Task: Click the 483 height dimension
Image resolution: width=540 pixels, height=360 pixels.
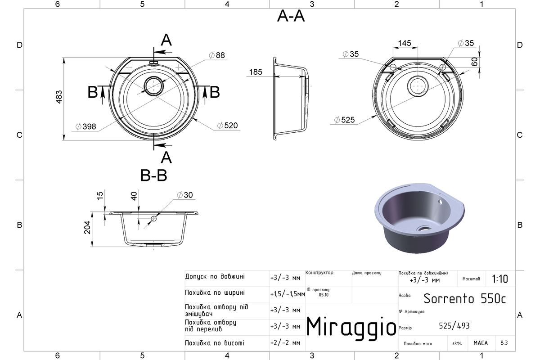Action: pos(59,97)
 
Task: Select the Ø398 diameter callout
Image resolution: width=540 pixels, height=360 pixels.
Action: pos(86,126)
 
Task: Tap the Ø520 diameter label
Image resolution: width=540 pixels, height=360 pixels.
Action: pos(227,126)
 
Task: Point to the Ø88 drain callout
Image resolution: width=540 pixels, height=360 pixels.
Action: pos(217,55)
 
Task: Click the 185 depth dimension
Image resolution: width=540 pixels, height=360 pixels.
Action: pos(256,72)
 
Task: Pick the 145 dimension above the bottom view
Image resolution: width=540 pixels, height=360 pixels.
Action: pos(405,43)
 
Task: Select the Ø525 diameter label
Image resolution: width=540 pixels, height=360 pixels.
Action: pos(345,120)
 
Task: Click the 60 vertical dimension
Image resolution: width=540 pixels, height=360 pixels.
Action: pos(474,62)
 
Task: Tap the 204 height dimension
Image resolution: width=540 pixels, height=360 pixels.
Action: pos(87,227)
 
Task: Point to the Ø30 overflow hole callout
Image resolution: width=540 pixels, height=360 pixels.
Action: pos(185,195)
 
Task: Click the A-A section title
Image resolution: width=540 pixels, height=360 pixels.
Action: pos(291,16)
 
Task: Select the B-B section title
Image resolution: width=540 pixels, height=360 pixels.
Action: pos(153,175)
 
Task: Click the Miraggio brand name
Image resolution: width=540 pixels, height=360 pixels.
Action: pos(351,328)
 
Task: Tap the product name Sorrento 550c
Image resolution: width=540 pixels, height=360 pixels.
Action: pos(464,299)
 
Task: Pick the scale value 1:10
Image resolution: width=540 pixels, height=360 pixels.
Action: pos(500,279)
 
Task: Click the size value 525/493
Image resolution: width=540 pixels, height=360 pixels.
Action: pos(454,326)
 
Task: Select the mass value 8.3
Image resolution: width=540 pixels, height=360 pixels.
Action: pos(504,343)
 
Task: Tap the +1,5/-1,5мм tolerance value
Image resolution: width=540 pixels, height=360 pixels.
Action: pos(288,294)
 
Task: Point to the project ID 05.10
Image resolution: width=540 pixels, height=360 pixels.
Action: pos(324,295)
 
